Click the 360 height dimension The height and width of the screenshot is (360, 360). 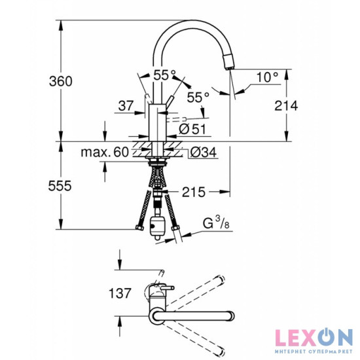pos(60,81)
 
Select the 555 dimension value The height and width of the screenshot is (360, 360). pos(60,187)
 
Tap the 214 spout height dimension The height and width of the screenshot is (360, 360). pos(286,105)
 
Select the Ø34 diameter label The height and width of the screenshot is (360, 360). pos(200,153)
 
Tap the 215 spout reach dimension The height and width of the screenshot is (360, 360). pos(193,192)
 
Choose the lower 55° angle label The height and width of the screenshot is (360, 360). pos(198,97)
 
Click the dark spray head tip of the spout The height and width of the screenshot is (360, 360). pos(228,62)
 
